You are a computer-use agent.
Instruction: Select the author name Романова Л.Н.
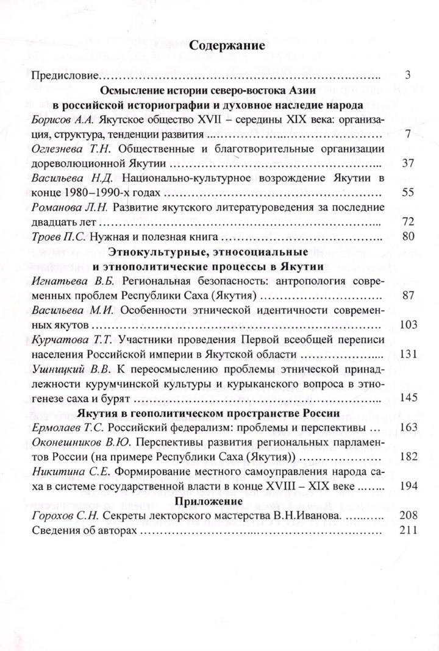(x=64, y=208)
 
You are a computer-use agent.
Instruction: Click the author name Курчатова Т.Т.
(x=66, y=340)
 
